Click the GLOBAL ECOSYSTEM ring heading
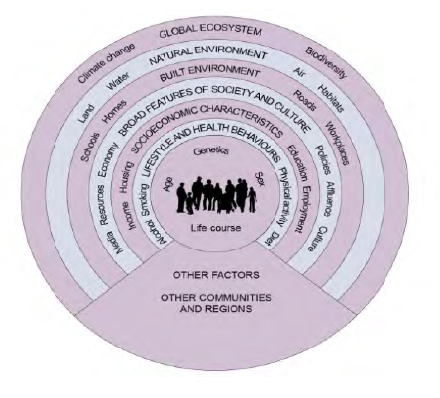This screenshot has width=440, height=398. pyautogui.click(x=210, y=31)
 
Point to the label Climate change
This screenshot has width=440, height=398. pyautogui.click(x=106, y=62)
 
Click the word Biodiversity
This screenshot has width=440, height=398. pyautogui.click(x=326, y=62)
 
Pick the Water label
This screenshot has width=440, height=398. pyautogui.click(x=118, y=81)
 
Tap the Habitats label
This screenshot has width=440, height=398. pyautogui.click(x=331, y=98)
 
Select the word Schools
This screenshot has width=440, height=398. pyautogui.click(x=90, y=147)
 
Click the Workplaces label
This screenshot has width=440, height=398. pyautogui.click(x=337, y=144)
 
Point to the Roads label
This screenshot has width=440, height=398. pyautogui.click(x=305, y=100)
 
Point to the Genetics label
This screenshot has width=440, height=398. pyautogui.click(x=211, y=151)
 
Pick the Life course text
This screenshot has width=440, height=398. pyautogui.click(x=216, y=228)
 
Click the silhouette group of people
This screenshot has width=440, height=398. pyautogui.click(x=216, y=195)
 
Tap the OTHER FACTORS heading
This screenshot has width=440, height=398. pyautogui.click(x=216, y=275)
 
